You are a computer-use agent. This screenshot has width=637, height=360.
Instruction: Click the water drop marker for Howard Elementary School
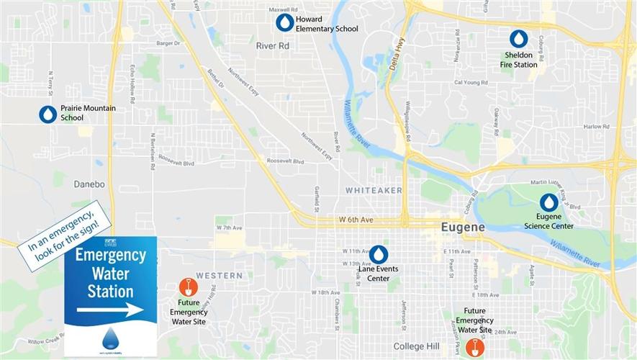click(285, 23)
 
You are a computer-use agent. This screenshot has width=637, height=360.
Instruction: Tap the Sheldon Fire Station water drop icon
click(518, 39)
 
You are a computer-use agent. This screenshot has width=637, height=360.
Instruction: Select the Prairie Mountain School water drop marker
click(48, 114)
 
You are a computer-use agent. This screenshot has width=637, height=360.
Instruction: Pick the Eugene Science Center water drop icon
click(549, 202)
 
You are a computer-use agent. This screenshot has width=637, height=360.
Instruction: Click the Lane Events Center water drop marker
click(378, 254)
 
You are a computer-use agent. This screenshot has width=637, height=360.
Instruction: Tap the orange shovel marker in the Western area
click(188, 287)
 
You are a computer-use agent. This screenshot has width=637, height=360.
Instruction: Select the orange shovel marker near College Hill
click(474, 348)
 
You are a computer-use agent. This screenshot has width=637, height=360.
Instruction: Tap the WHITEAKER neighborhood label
click(373, 190)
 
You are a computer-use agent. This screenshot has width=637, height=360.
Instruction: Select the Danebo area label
click(89, 184)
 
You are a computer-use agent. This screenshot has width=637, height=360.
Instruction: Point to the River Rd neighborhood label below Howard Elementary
click(272, 45)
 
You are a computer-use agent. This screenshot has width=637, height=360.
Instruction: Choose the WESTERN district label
click(219, 276)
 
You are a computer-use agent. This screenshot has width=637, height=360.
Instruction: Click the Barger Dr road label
click(168, 43)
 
